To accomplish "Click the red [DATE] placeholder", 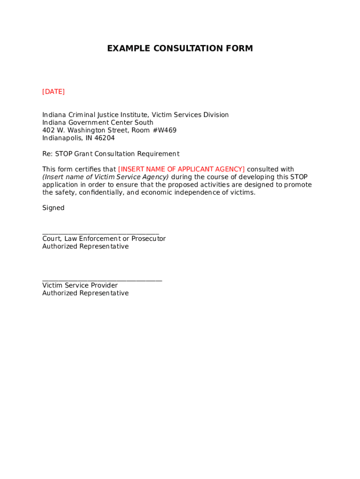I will [x=53, y=92].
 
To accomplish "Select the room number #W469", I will [x=165, y=131].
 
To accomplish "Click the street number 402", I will [x=49, y=131].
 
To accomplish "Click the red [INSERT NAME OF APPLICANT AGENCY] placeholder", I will [x=181, y=169].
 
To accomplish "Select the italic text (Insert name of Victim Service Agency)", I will [x=106, y=177].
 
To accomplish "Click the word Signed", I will [x=53, y=208].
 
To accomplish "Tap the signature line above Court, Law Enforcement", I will [x=101, y=233].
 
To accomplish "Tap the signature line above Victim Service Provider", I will [x=102, y=281].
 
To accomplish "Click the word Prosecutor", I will [x=149, y=239].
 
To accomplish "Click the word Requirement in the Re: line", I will [x=158, y=154].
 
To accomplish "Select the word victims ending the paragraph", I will [x=243, y=193].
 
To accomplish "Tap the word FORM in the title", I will [x=239, y=49].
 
